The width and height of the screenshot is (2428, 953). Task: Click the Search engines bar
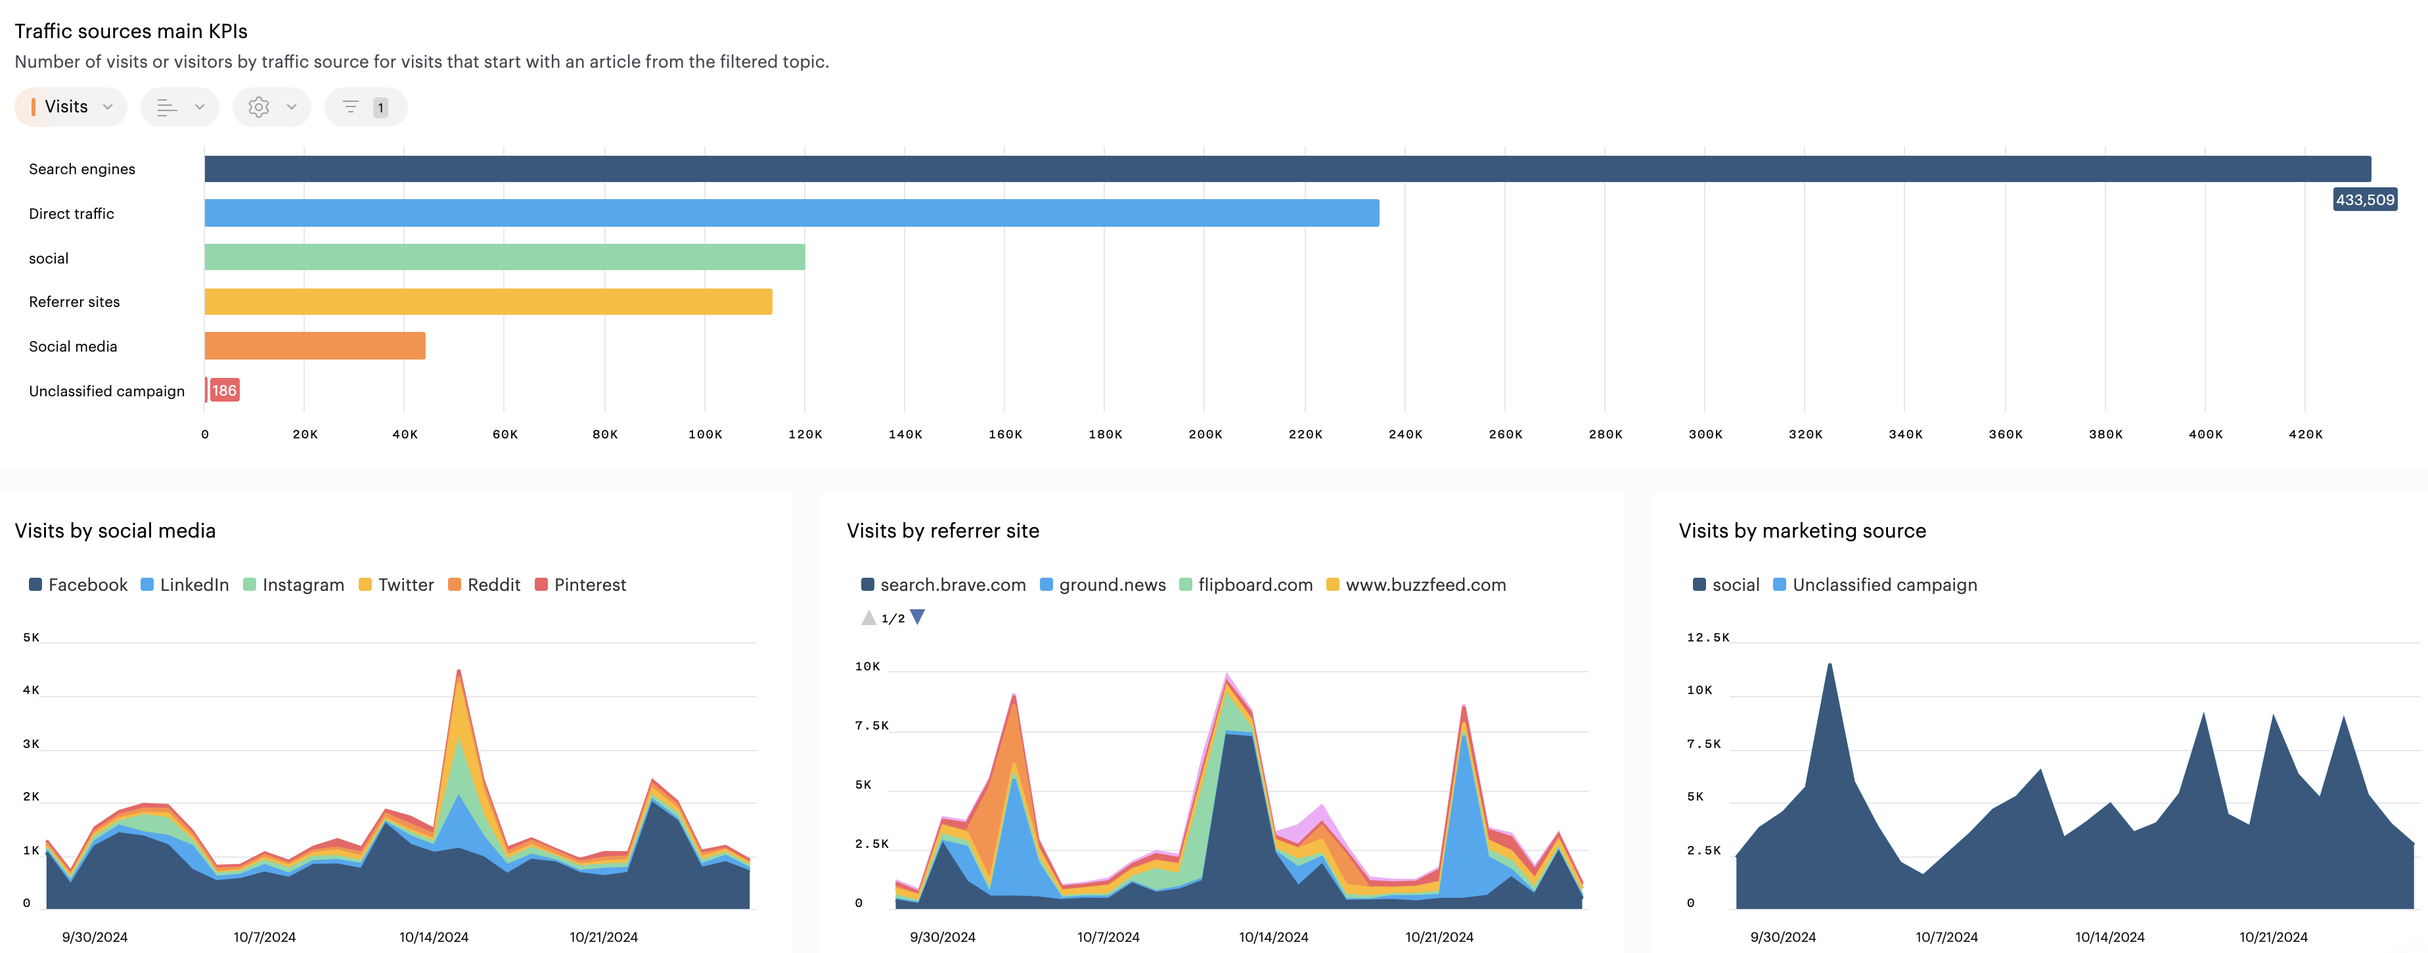[1286, 169]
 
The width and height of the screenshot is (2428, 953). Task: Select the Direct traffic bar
[792, 213]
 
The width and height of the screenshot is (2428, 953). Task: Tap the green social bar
[505, 258]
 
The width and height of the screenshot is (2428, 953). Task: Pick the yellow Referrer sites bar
[488, 302]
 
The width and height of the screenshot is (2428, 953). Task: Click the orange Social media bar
[315, 346]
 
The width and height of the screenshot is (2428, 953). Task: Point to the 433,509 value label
[2364, 200]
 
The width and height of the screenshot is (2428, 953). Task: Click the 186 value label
[224, 390]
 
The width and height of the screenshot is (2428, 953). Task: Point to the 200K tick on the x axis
[1205, 434]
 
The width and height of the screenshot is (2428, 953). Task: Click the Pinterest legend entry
[581, 584]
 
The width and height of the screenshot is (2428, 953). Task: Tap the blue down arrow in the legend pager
[917, 617]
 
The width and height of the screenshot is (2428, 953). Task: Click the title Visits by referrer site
[943, 530]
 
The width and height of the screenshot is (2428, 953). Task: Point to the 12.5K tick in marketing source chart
[1707, 638]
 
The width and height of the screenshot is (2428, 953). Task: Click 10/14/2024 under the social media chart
[434, 937]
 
